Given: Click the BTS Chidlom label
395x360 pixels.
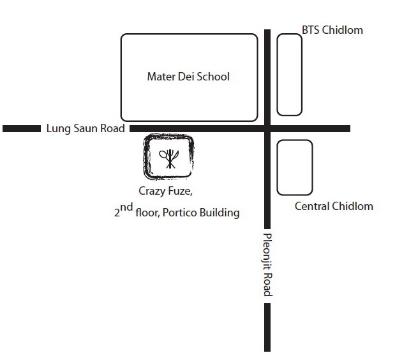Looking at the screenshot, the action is click(x=332, y=30).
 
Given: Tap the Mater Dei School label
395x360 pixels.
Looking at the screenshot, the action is click(x=188, y=77).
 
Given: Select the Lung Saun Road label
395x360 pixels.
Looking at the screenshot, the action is click(x=86, y=128).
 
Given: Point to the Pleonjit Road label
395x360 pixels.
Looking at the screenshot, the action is click(x=267, y=265).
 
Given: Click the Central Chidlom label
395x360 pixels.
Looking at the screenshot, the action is click(x=334, y=206).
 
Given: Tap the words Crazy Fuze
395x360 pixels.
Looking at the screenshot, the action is click(x=165, y=191).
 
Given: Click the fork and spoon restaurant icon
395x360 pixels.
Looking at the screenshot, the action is click(x=168, y=159).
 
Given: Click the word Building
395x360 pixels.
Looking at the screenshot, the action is click(x=220, y=213).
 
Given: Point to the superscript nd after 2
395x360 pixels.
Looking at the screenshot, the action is click(x=126, y=208).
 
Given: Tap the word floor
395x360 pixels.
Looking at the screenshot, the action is click(x=148, y=213).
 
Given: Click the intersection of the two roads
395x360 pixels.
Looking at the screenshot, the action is click(x=267, y=128).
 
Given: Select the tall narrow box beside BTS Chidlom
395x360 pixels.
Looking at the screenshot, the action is click(x=290, y=75).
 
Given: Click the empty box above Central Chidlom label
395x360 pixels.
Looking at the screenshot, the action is click(x=295, y=167).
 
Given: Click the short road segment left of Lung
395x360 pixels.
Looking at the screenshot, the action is click(x=22, y=128).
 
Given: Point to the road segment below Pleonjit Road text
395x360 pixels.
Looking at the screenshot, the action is click(x=267, y=327).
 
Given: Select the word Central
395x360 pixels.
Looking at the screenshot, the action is click(x=313, y=206).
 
